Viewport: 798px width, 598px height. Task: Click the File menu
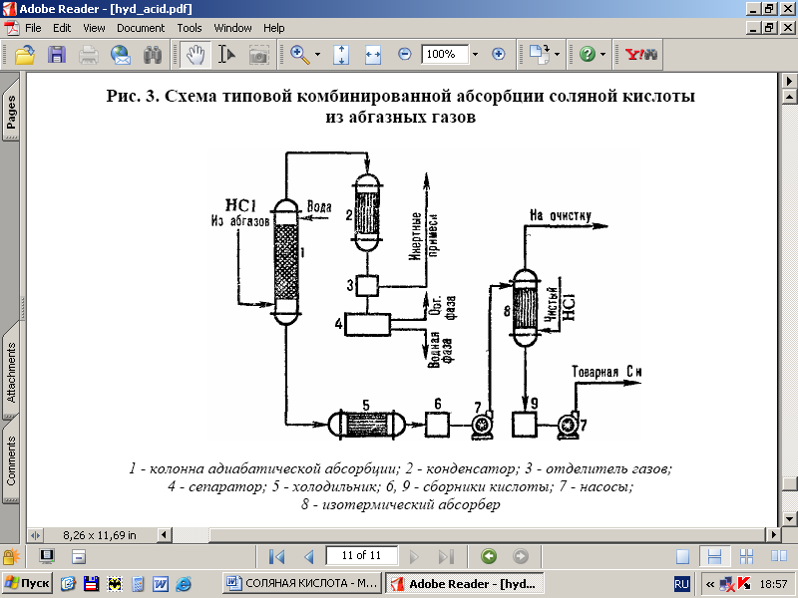(x=33, y=28)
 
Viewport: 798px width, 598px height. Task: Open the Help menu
(x=273, y=28)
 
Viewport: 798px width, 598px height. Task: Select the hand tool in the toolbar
(x=196, y=54)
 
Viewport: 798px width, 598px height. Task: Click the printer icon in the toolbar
(x=89, y=54)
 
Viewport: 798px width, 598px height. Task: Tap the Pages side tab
(x=11, y=112)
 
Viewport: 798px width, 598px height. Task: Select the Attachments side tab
(x=11, y=373)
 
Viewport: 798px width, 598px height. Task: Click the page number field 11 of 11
(x=368, y=555)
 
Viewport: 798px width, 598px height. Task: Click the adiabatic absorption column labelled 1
(x=286, y=261)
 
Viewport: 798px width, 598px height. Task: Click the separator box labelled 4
(x=368, y=324)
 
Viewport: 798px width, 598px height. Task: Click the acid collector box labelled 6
(x=438, y=425)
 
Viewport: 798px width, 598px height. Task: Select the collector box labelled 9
(x=525, y=425)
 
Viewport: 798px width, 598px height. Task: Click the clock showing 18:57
(x=773, y=583)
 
